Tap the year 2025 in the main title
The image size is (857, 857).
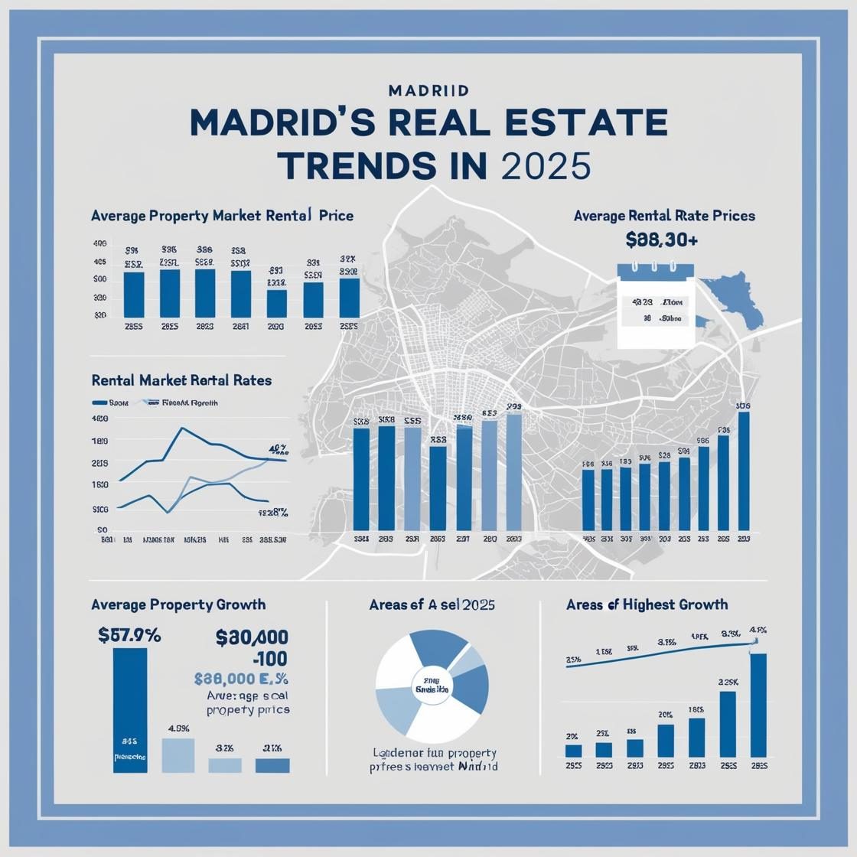click(x=546, y=166)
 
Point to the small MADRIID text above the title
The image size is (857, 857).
click(x=428, y=90)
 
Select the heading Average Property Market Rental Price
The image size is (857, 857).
click(x=222, y=216)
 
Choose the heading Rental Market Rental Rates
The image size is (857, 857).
click(x=181, y=380)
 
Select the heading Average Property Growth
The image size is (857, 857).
click(x=178, y=604)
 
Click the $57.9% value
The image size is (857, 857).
click(x=129, y=634)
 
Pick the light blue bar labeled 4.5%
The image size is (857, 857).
click(x=178, y=755)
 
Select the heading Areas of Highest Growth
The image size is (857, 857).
click(x=647, y=604)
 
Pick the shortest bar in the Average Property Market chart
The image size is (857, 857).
click(x=277, y=304)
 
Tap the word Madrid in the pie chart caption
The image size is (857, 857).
click(x=477, y=765)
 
